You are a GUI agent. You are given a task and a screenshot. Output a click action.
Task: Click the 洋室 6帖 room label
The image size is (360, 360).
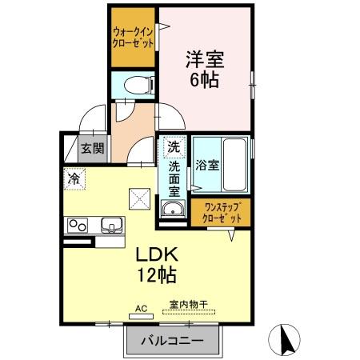coord(205,69)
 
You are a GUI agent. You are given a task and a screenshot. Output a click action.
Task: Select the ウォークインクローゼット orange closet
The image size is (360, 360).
coord(133,37)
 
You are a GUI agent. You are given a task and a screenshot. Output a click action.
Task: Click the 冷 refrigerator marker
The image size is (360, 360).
coord(74,179)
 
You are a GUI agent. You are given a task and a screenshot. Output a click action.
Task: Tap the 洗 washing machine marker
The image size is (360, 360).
coord(174,147)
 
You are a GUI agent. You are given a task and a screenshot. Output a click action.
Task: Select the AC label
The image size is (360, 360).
coord(141,307)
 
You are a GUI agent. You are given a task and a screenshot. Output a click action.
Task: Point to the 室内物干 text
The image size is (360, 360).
coord(188,305)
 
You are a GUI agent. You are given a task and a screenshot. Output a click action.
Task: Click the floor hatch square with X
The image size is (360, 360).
coord(141,197)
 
